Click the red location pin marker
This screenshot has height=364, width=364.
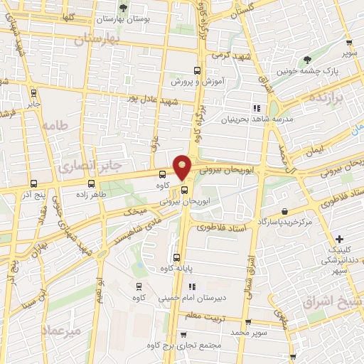coord(183,166)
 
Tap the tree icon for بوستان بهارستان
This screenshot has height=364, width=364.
coord(124,8)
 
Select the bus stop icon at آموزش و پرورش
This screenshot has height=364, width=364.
coord(198,70)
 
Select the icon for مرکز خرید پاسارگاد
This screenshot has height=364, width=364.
coord(285,212)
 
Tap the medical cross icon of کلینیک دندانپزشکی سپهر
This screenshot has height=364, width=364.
coord(339,239)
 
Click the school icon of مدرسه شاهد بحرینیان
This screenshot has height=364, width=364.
coord(256,107)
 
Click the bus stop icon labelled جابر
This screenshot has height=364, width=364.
coord(33,93)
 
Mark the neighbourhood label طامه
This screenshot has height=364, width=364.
coord(53,126)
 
